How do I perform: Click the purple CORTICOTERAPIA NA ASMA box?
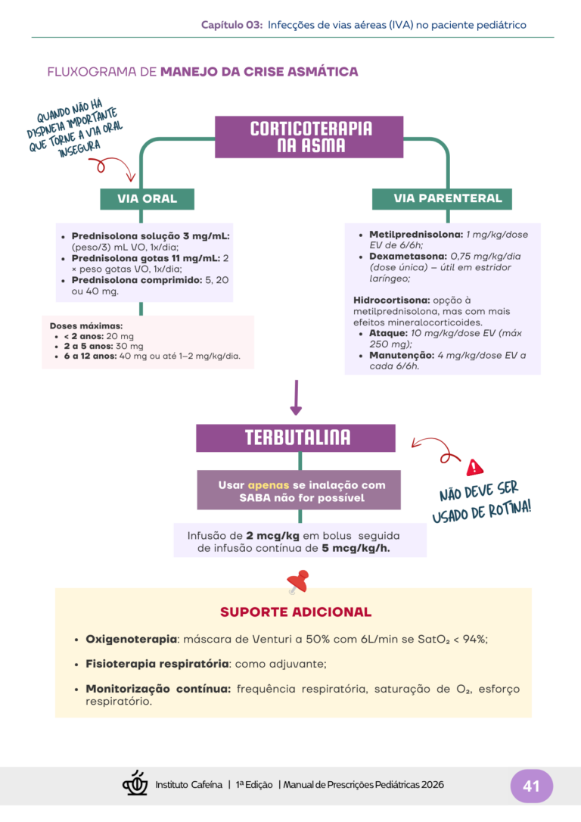click(x=311, y=137)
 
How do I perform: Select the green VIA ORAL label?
click(x=147, y=199)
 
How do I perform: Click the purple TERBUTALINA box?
click(x=297, y=437)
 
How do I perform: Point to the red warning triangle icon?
click(x=475, y=466)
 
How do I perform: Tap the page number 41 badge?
click(x=531, y=786)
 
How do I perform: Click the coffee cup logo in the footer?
click(x=135, y=783)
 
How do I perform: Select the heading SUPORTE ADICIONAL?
click(x=295, y=612)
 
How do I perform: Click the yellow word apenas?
click(x=268, y=485)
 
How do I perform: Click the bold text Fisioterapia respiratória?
click(x=157, y=664)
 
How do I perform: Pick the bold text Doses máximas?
click(x=85, y=326)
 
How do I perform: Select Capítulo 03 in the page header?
click(x=231, y=25)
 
